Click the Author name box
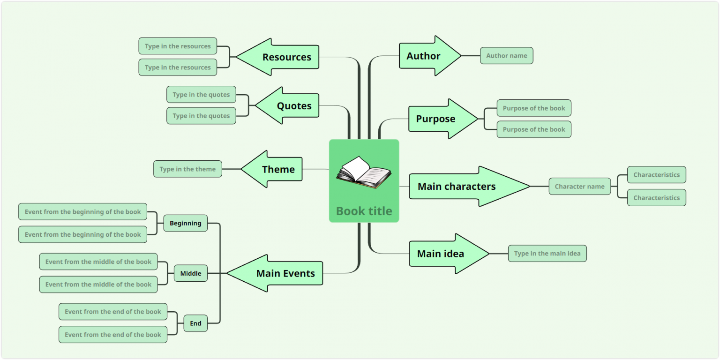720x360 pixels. [506, 56]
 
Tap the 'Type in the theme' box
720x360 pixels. [187, 169]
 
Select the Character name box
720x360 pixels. [579, 187]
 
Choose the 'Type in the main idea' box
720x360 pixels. [547, 254]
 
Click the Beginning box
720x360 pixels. [185, 224]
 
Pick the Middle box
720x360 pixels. [191, 274]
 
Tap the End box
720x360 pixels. [195, 323]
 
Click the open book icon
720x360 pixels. [364, 172]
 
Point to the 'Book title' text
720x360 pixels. [364, 211]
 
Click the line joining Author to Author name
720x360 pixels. [471, 56]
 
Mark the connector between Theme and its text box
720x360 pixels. [231, 169]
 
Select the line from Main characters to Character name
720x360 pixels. [539, 187]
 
